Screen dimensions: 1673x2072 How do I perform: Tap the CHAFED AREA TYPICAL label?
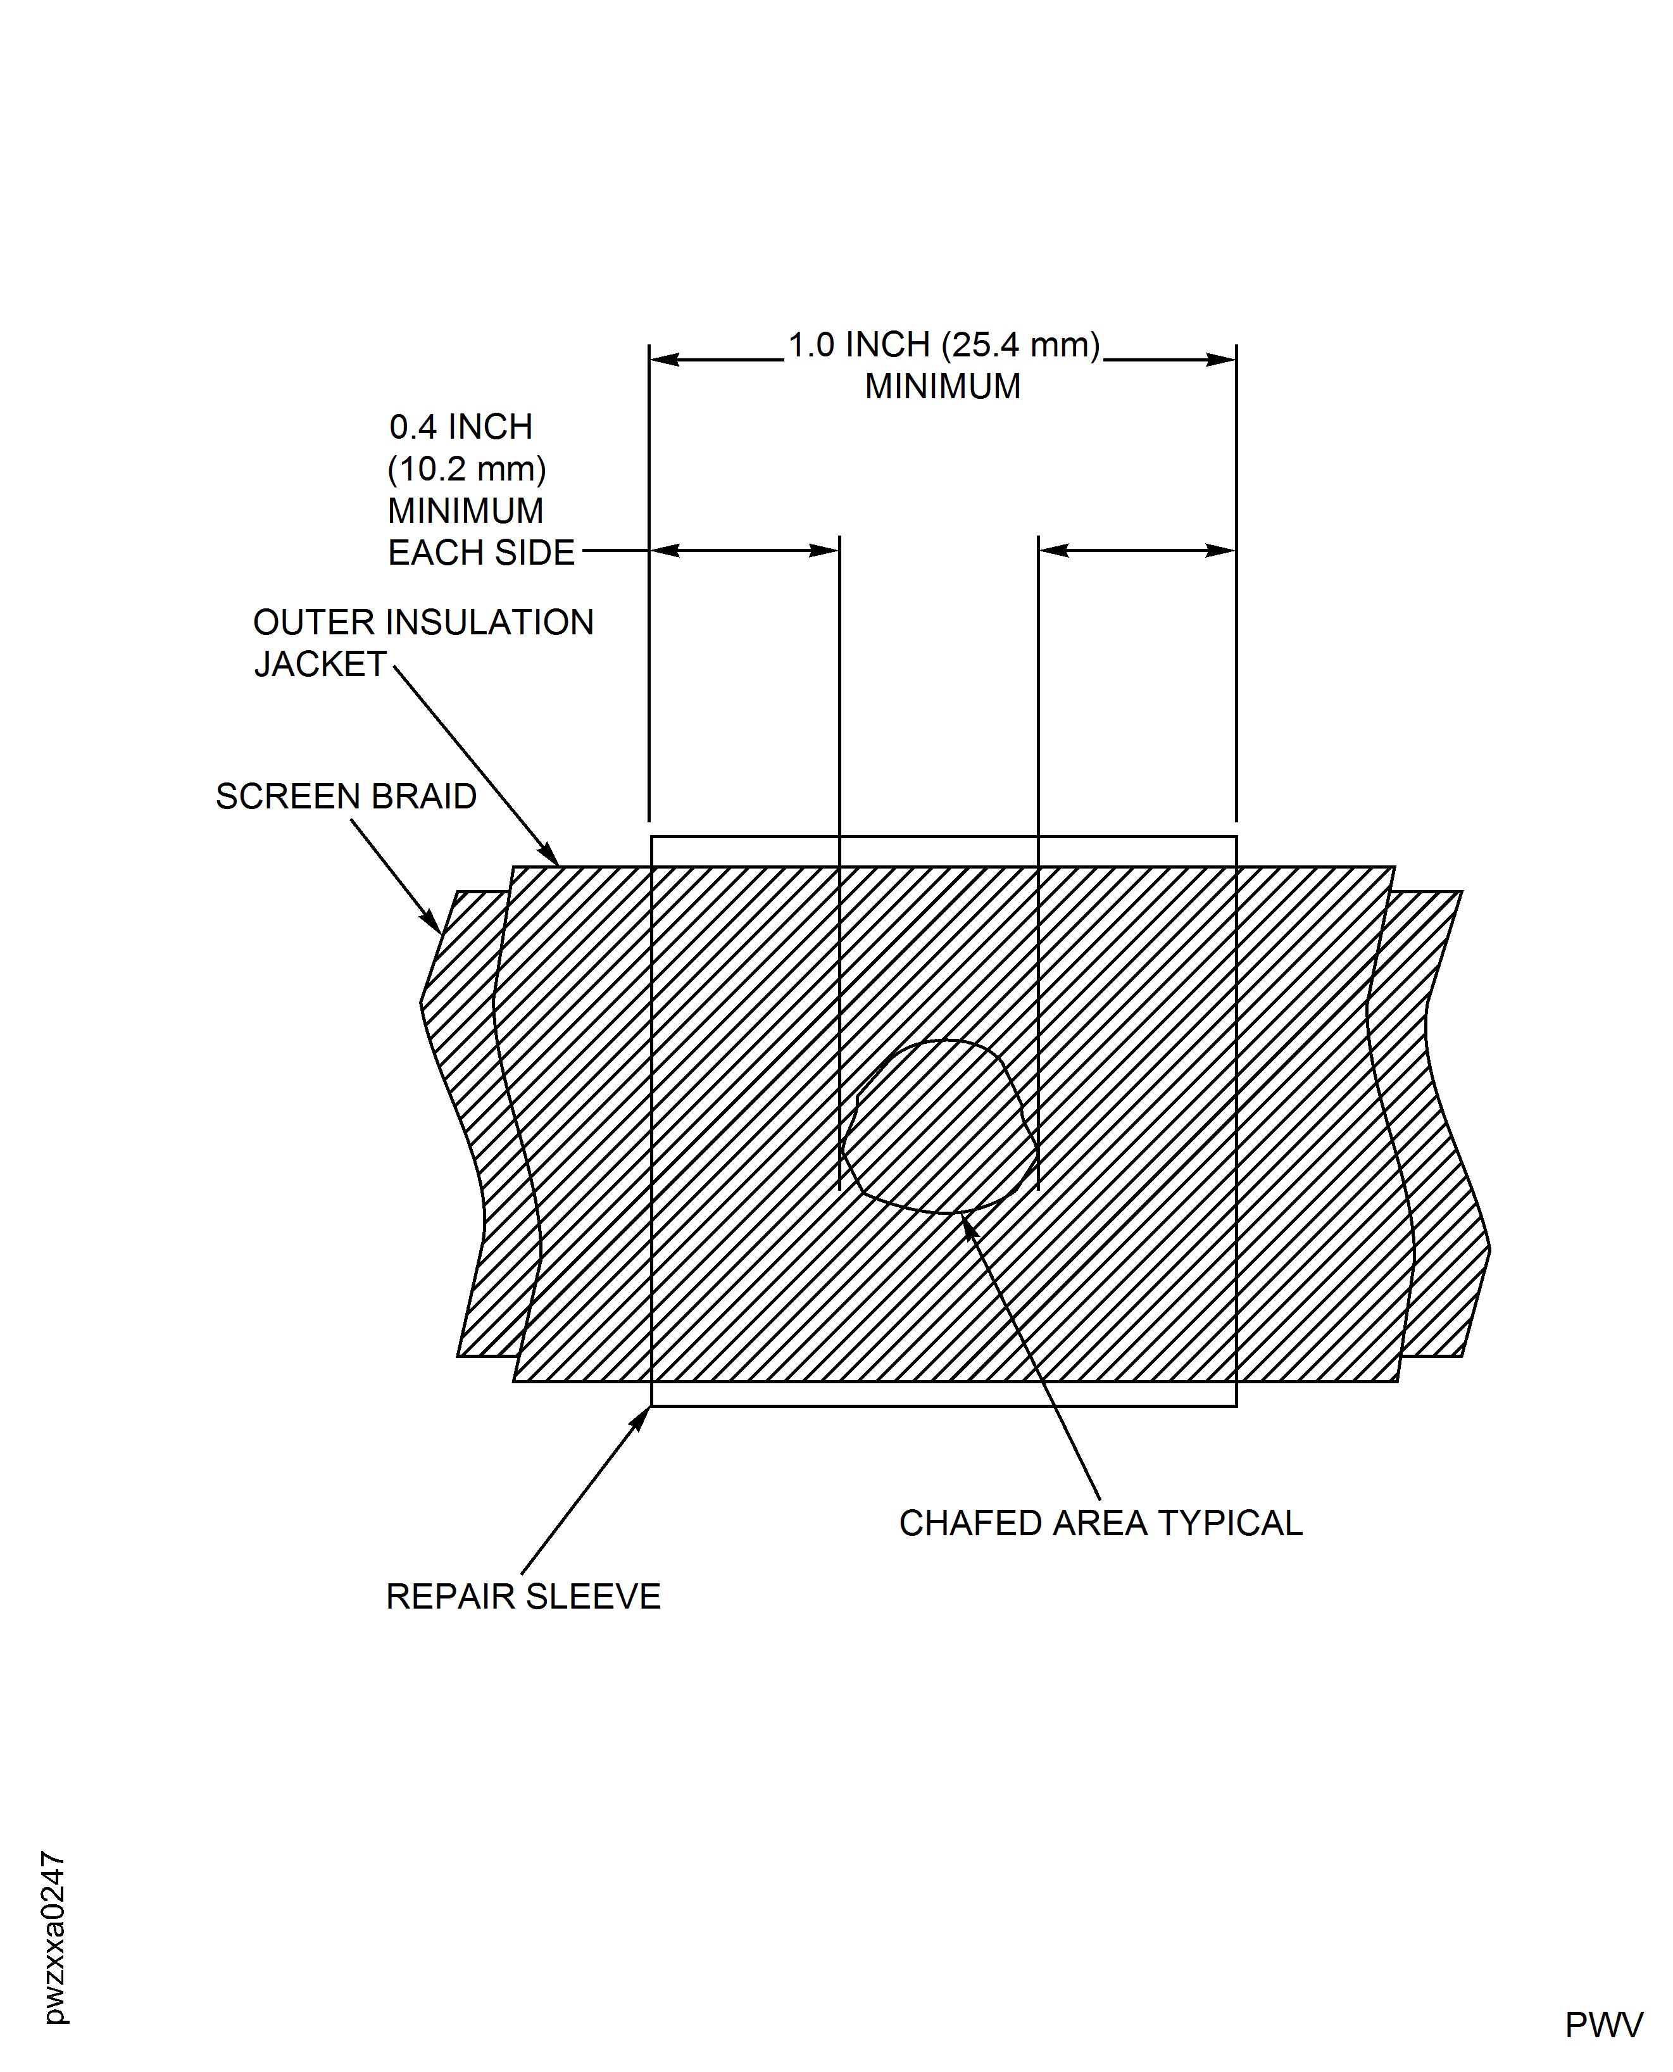point(1101,1523)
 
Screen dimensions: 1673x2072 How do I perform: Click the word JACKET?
point(320,664)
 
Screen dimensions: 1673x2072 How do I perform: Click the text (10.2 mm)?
point(467,469)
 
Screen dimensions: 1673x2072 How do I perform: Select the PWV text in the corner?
point(1603,2025)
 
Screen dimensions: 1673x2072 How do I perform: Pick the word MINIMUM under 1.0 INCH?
point(943,386)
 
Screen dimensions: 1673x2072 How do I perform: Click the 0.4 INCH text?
point(461,427)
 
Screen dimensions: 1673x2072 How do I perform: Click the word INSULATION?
point(489,622)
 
